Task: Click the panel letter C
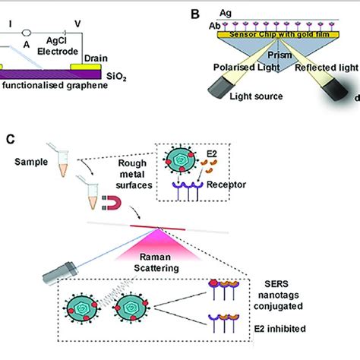point(10,139)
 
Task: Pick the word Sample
point(30,163)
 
